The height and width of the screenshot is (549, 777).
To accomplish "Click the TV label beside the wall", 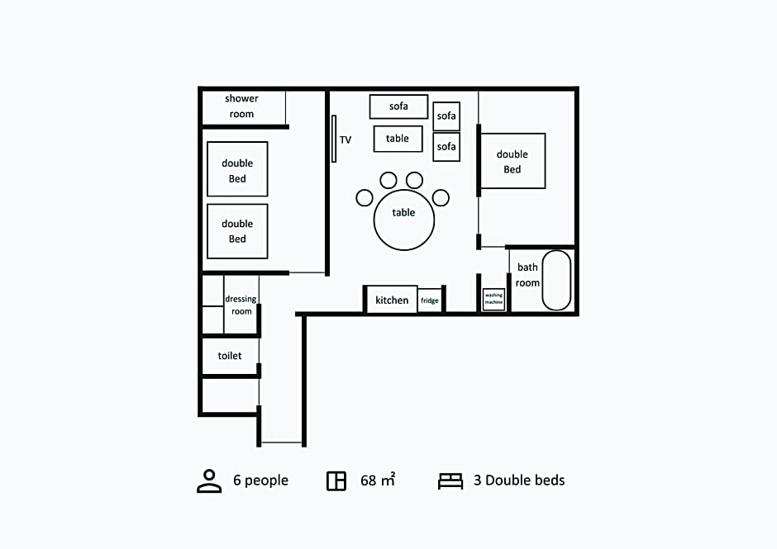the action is pos(346,140).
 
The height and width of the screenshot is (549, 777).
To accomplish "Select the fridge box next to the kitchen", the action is pos(430,301).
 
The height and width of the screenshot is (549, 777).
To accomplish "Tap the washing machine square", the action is pos(493,299).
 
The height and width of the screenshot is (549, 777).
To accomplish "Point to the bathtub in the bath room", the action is pos(556,280).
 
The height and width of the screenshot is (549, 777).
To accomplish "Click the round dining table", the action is pos(404,220).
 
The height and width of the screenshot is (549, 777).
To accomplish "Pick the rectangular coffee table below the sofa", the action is pos(398,139).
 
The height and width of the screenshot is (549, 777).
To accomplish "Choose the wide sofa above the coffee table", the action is pos(398,106).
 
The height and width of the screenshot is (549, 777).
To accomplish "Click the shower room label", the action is pos(241,106).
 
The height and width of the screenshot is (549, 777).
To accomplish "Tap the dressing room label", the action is pos(241,305).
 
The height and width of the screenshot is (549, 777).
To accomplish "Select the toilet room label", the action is pos(230,356).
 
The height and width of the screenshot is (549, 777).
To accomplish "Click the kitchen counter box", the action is pos(392,300).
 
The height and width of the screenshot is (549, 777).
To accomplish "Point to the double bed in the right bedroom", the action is pos(512,161).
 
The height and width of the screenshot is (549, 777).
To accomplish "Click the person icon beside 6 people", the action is pos(209,481).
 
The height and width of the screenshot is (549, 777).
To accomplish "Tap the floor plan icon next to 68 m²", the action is pos(336,480).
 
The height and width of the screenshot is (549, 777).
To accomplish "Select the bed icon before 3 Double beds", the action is pos(450,481).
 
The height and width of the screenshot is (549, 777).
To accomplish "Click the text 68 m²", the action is pos(378,480).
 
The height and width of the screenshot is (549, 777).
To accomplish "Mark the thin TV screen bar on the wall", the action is pos(334,139).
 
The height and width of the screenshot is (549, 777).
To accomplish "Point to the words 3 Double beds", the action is pos(519,480).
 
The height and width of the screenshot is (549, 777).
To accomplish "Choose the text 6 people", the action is pos(260,480).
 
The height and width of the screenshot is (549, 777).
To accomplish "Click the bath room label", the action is pos(527,275).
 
